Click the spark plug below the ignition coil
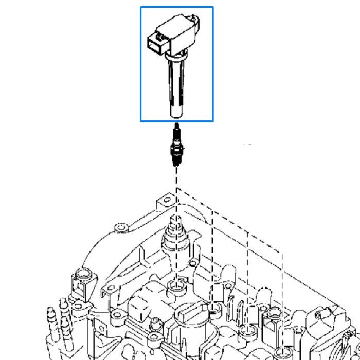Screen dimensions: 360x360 tap(176, 147)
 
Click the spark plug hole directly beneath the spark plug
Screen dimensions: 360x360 tap(175, 286)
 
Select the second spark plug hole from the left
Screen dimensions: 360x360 tap(213, 309)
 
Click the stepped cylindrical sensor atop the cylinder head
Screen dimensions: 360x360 tap(174, 234)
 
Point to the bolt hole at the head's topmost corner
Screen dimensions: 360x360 tap(166, 199)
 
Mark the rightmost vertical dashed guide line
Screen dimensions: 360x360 tap(282, 298)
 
